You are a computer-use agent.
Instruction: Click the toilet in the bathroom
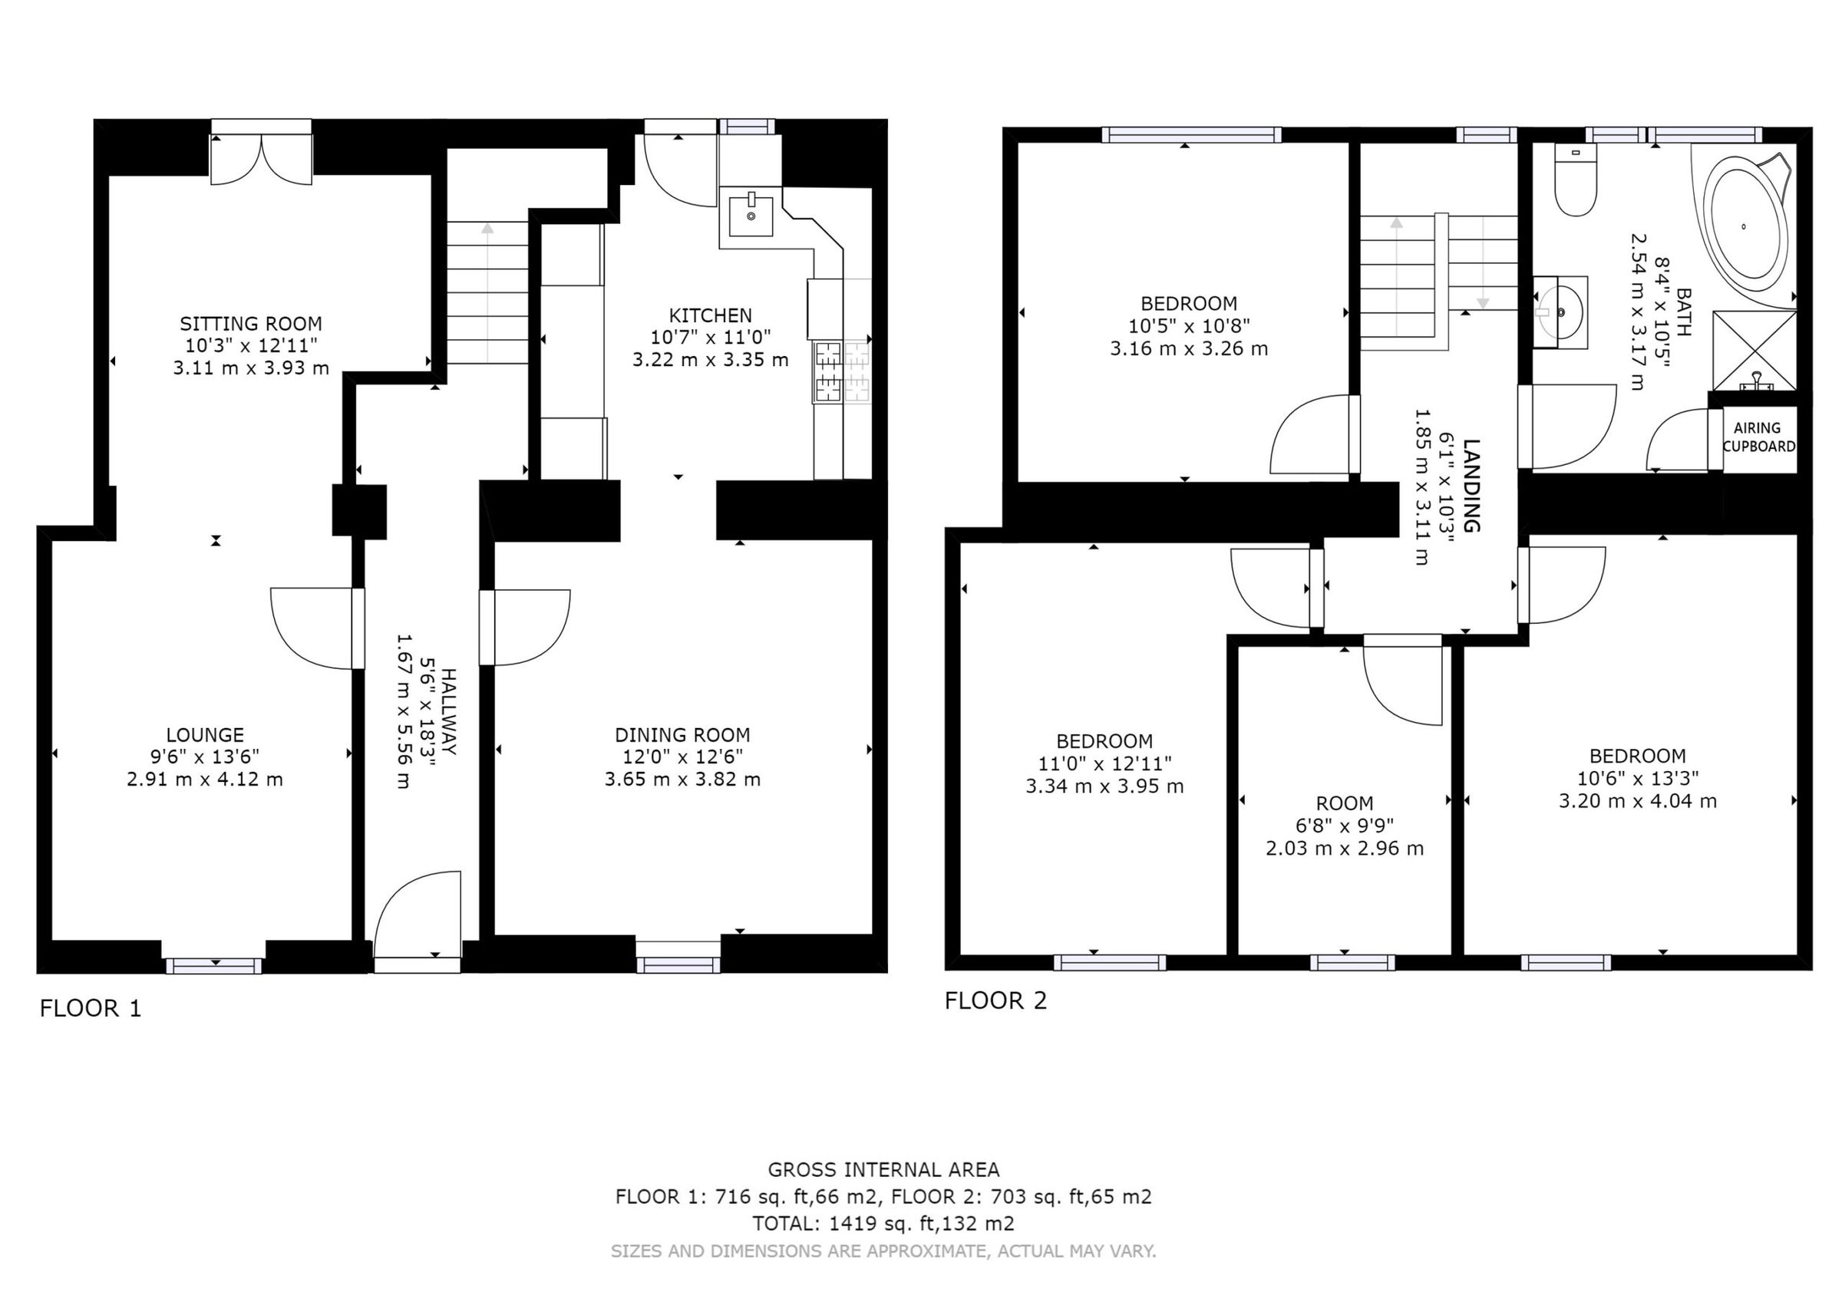click(x=1575, y=180)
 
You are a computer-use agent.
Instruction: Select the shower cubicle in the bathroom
click(x=1755, y=351)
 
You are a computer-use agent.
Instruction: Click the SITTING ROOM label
click(x=250, y=324)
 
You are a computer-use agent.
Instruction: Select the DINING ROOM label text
click(x=683, y=735)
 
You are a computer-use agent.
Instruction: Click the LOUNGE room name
click(x=205, y=735)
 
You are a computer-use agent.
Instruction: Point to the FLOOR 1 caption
click(x=91, y=1008)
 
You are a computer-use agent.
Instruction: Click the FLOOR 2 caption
click(x=995, y=1000)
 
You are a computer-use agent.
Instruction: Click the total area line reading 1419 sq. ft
click(x=883, y=1224)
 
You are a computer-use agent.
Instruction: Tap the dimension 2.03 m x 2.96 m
click(x=1345, y=848)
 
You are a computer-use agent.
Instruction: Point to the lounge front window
click(x=213, y=966)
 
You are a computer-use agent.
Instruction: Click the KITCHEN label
click(x=711, y=315)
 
